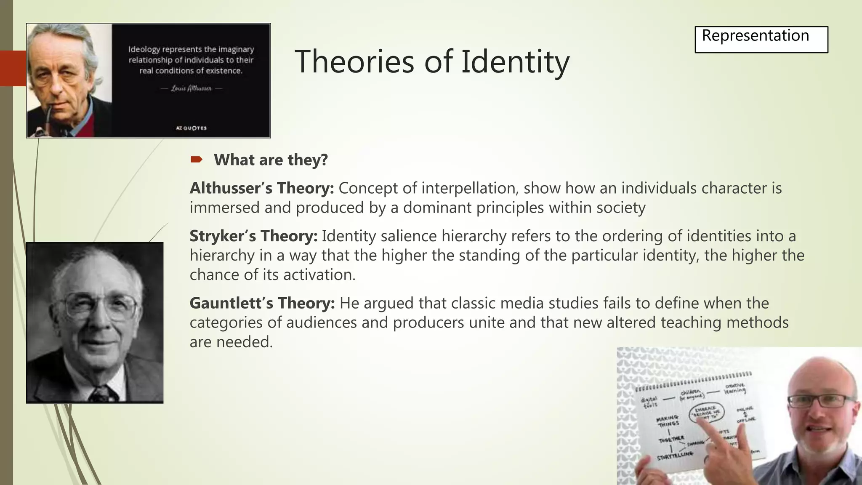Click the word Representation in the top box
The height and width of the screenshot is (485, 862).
click(x=755, y=36)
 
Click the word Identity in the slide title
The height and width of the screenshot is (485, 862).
click(x=515, y=62)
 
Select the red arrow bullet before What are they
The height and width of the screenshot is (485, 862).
click(x=196, y=160)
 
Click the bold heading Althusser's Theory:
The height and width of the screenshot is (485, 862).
click(x=261, y=188)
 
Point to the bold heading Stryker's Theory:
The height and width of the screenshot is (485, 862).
click(x=253, y=236)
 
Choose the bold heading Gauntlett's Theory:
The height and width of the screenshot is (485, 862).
click(x=262, y=303)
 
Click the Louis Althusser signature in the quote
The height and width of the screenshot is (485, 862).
click(x=192, y=88)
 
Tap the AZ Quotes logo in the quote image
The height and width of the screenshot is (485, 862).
click(x=191, y=128)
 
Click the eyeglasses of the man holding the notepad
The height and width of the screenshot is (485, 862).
click(x=821, y=401)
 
